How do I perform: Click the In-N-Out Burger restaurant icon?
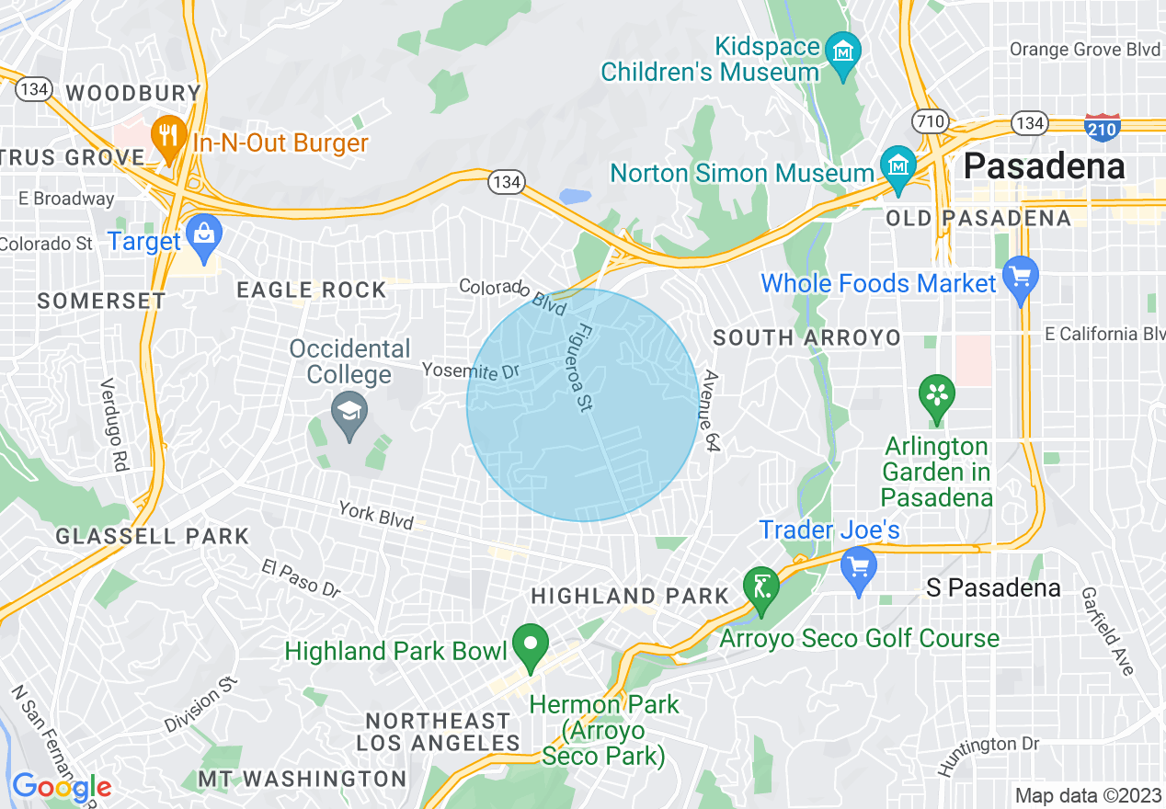tap(168, 134)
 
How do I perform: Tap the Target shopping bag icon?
tap(202, 234)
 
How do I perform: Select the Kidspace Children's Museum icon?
tap(842, 51)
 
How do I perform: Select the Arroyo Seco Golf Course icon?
tap(762, 586)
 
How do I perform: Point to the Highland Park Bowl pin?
tap(530, 644)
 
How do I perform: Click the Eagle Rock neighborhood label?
tap(312, 291)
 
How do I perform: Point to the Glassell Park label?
tap(152, 536)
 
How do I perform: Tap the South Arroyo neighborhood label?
tap(806, 338)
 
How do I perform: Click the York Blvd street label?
tap(375, 515)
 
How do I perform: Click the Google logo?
tap(62, 788)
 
